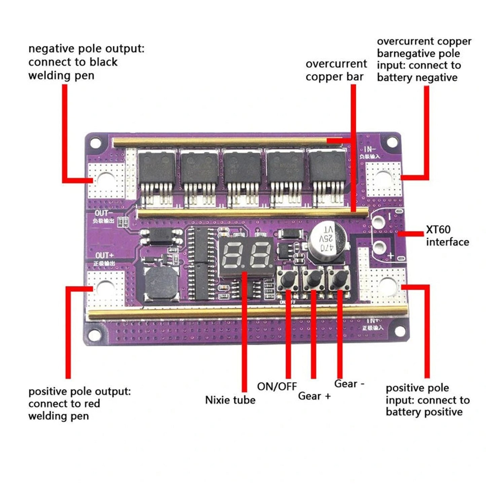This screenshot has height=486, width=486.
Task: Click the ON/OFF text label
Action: [x=277, y=386]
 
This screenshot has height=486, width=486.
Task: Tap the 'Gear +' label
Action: [x=314, y=396]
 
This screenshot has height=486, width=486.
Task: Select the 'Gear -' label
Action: [x=349, y=384]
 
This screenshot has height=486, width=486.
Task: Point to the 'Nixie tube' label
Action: [x=230, y=400]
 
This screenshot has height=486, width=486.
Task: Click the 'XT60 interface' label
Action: [x=447, y=236]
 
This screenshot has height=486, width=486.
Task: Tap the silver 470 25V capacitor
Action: [x=326, y=239]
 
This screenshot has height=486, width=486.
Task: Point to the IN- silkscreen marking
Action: [x=370, y=150]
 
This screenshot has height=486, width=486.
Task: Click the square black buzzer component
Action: [x=161, y=285]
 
